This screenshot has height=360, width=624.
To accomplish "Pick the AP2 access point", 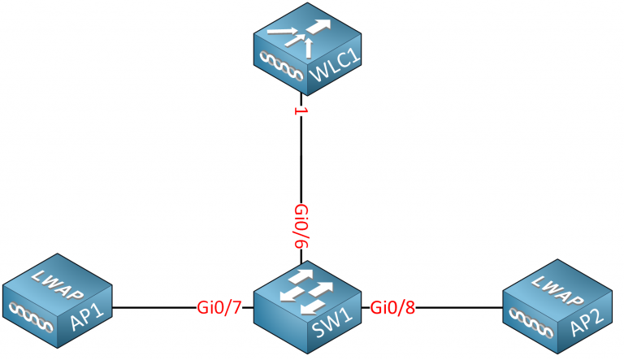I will click(x=554, y=306).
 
